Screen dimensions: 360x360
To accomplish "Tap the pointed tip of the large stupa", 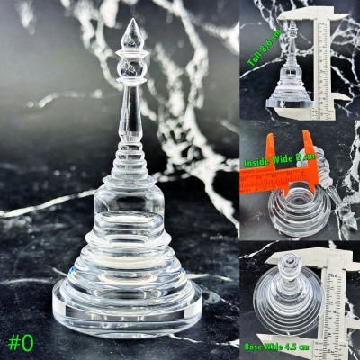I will [x=131, y=22].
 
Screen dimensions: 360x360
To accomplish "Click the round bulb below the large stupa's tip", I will [x=131, y=67].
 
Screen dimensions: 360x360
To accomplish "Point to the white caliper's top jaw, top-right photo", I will [x=297, y=17].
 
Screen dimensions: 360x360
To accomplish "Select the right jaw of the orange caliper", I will [x=308, y=148].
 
